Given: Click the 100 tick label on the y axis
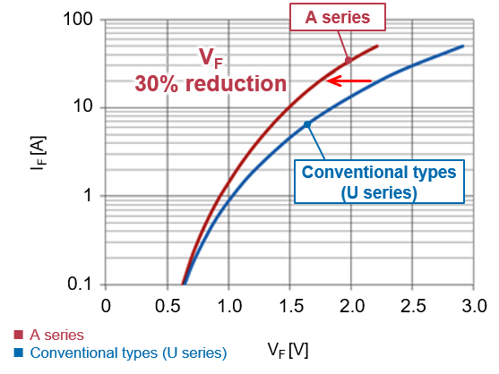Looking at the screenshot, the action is (78, 19).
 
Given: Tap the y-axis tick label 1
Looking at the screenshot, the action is (88, 194).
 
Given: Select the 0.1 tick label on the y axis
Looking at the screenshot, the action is (80, 283).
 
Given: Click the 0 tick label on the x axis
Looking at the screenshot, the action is (106, 306).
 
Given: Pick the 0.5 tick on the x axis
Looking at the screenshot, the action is (168, 306).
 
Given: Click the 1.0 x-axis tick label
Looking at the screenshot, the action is (229, 306).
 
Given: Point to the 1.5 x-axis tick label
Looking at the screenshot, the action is (291, 306).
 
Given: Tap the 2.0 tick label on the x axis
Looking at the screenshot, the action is (352, 306).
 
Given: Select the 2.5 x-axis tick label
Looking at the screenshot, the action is (413, 306).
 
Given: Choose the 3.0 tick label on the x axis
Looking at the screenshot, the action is (474, 306).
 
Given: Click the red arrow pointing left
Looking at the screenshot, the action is (348, 81).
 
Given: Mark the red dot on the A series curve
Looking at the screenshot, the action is (348, 60).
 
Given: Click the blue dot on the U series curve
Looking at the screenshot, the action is (306, 124).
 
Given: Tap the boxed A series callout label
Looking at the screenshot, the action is (338, 17).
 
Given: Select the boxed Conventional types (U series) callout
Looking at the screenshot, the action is (379, 182).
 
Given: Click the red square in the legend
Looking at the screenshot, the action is (19, 335).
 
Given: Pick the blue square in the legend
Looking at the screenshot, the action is (19, 353).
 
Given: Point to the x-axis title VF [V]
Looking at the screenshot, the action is (288, 351).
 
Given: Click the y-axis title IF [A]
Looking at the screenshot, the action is (39, 153).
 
